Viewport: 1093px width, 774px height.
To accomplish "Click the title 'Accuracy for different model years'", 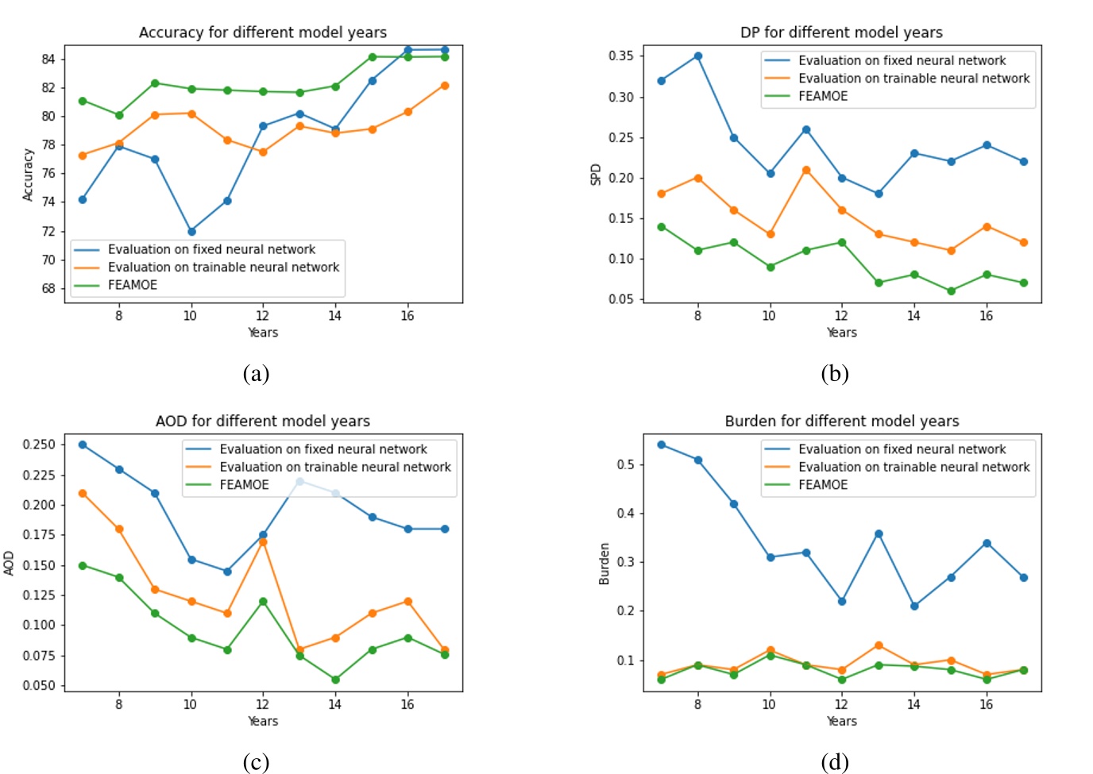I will [x=262, y=33].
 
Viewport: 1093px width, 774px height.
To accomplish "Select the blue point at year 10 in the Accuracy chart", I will [x=191, y=232].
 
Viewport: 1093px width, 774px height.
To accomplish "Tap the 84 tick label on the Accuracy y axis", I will [x=48, y=59].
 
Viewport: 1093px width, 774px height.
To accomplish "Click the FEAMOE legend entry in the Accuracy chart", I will [x=132, y=285].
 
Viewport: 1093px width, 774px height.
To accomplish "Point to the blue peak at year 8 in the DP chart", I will [x=697, y=56].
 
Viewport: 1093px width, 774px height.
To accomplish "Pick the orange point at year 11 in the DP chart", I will [x=806, y=170].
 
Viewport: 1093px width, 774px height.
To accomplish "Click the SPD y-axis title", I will [x=596, y=175].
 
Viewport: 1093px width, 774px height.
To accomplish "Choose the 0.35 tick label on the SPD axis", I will [x=620, y=56].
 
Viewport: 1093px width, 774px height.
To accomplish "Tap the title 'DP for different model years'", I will [x=841, y=33].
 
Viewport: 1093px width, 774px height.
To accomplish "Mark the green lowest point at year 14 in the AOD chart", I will [x=335, y=680].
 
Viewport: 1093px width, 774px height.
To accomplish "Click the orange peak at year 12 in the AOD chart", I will [x=263, y=542].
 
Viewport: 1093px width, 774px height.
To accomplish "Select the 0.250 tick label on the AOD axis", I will [x=39, y=445].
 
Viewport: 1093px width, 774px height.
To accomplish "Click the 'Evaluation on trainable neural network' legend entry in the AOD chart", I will [x=334, y=467].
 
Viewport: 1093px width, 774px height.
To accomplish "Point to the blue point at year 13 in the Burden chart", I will [x=879, y=534].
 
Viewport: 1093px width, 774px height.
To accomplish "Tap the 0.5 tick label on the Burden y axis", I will [x=626, y=464].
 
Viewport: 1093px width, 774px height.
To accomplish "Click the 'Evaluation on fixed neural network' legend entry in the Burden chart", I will [x=902, y=449].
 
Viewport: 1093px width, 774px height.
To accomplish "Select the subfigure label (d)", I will [x=834, y=763].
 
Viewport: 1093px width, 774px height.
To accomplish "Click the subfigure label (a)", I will [x=256, y=374].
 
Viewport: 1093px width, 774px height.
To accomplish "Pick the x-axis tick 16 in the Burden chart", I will [x=986, y=704].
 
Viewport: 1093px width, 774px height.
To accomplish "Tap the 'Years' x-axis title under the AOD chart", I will [x=263, y=721].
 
